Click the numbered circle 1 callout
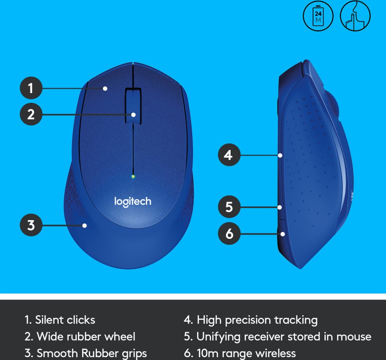pyautogui.click(x=31, y=88)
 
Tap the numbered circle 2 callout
pyautogui.click(x=31, y=114)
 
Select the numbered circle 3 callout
pyautogui.click(x=31, y=225)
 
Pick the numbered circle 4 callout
pyautogui.click(x=229, y=155)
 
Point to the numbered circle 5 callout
pyautogui.click(x=229, y=207)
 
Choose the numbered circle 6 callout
pyautogui.click(x=229, y=233)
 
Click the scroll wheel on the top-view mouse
pyautogui.click(x=133, y=106)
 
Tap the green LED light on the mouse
pyautogui.click(x=133, y=176)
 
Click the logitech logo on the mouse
pyautogui.click(x=133, y=202)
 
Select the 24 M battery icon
pyautogui.click(x=318, y=16)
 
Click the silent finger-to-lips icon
pyautogui.click(x=355, y=16)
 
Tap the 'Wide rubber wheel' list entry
pyautogui.click(x=80, y=336)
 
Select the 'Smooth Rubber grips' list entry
pyautogui.click(x=86, y=353)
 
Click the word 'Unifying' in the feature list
pyautogui.click(x=218, y=337)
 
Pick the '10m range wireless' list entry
pyautogui.click(x=240, y=354)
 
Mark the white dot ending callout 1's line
pyautogui.click(x=105, y=88)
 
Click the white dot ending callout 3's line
pyautogui.click(x=84, y=225)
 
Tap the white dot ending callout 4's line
pyautogui.click(x=280, y=155)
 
